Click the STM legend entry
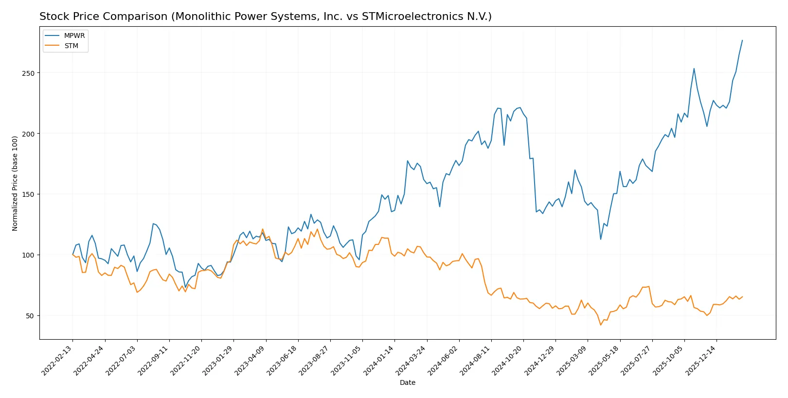tap(71, 46)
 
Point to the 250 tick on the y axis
tap(28, 73)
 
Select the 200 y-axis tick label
tap(28, 134)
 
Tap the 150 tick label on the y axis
tap(28, 194)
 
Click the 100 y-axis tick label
tap(28, 255)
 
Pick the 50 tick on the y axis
tap(30, 316)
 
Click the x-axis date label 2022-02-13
tap(57, 360)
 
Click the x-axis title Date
tap(408, 382)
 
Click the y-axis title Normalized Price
tap(15, 183)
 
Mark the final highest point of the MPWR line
tap(742, 40)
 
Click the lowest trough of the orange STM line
tap(601, 325)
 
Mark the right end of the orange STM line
tap(742, 296)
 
